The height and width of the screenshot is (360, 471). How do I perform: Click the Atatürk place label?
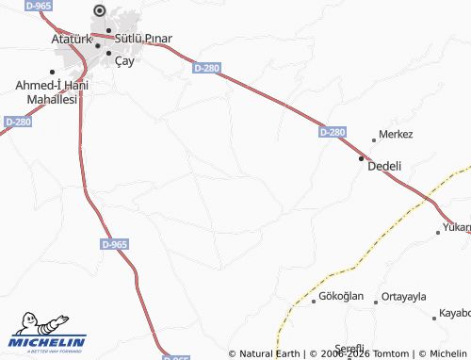[x=71, y=41]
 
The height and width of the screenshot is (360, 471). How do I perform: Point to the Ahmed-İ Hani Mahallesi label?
[x=45, y=91]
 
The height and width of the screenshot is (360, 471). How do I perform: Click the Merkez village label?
[x=396, y=135]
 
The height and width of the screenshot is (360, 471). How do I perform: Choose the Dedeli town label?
[x=383, y=166]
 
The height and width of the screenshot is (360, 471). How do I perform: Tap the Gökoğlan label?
[x=341, y=296]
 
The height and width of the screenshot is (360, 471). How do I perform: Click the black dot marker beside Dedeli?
[x=361, y=159]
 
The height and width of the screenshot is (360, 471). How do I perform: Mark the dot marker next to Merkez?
[x=374, y=140]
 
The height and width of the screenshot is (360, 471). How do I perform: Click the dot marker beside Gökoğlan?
[x=314, y=303]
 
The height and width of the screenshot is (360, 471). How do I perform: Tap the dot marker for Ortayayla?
[x=376, y=303]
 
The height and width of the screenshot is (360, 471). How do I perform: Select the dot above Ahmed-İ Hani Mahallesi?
[x=53, y=72]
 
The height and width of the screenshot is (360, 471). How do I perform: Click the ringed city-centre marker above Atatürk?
[x=100, y=12]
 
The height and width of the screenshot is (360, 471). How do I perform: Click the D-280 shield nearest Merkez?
[x=332, y=133]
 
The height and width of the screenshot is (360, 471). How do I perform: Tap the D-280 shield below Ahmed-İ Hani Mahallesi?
[x=18, y=122]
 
